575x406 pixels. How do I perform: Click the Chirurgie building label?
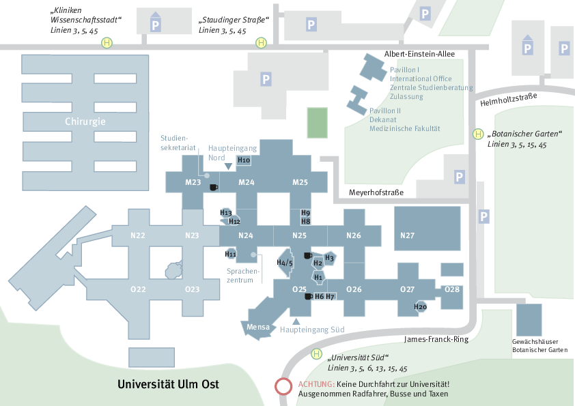coord(85,121)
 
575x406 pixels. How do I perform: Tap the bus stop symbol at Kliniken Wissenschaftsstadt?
coord(107,43)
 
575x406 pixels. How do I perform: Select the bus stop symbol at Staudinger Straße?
coord(261,43)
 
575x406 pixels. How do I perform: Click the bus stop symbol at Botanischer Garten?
coord(478,134)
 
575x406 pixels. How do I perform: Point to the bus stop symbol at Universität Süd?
coord(316,353)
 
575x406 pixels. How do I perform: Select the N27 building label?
coord(408,235)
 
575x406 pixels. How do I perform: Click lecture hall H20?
coord(420,307)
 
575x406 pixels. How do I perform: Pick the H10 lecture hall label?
coord(244,160)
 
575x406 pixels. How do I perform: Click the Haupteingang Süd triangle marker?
coord(296,321)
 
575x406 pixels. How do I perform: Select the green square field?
coord(317,123)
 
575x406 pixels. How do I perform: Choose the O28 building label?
coord(452,289)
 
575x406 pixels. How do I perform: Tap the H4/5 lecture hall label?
coord(285,263)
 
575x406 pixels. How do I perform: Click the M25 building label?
coord(300,182)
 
